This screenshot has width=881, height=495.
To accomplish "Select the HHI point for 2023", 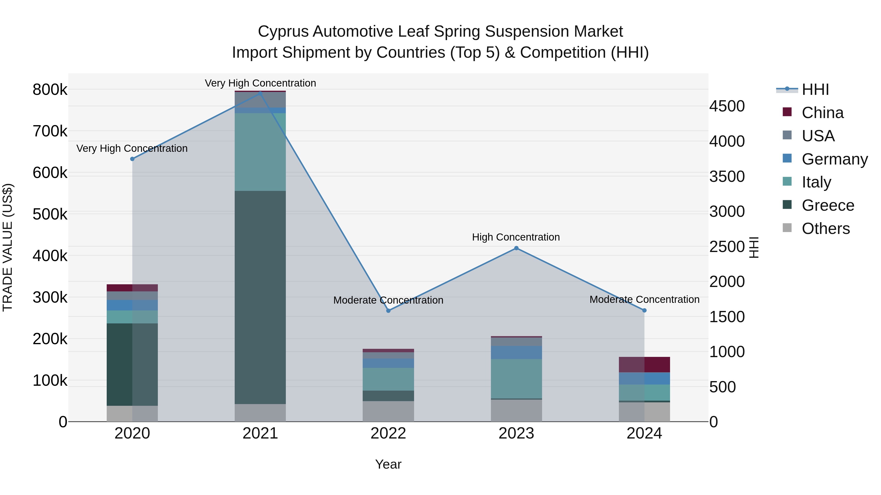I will point(516,248).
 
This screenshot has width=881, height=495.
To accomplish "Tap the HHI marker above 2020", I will point(132,159).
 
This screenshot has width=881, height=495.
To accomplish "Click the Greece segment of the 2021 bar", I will point(260,297).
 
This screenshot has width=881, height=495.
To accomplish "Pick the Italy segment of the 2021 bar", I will point(260,152).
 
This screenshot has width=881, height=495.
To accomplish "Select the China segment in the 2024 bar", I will point(644,364).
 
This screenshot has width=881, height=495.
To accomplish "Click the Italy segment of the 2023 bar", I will point(516,378).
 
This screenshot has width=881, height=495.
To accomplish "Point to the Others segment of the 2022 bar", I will point(388,411).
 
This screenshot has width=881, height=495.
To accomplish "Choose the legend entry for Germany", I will point(835,159).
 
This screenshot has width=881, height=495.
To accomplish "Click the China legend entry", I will point(822,113).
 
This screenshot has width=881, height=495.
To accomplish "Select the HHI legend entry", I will point(815,89).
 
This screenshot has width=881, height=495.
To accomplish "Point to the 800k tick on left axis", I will point(50,90).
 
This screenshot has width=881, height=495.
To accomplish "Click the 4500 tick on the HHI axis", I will point(727,106).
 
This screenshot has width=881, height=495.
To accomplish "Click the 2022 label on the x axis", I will point(388,433).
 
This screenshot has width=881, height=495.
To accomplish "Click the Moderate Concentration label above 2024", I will point(644,299).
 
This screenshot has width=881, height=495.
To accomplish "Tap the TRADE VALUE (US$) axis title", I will point(8,247).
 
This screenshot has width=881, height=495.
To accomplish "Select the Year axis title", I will point(388,464).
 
